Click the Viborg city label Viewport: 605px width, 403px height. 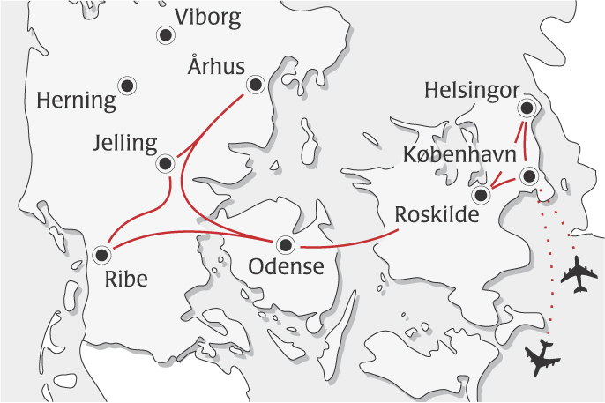[207, 17]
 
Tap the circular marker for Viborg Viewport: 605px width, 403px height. [165, 35]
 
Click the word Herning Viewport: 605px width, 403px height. [77, 101]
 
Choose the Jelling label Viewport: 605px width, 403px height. [128, 143]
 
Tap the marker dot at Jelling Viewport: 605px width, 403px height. [165, 163]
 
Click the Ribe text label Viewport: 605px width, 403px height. [125, 280]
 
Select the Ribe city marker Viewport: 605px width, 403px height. [101, 255]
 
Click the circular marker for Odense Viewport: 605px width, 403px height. [285, 244]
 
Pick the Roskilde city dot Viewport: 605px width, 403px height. [481, 194]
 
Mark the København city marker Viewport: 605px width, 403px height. [528, 176]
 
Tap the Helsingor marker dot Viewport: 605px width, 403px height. [527, 108]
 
